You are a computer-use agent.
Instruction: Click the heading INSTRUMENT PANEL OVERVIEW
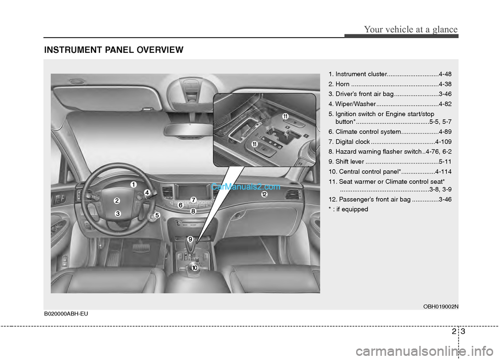coord(113,50)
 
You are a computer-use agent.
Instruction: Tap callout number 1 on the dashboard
coord(133,184)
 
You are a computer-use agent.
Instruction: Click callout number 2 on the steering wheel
coord(117,201)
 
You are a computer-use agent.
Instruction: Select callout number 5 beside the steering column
coord(157,215)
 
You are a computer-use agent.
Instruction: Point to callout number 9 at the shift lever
coord(190,239)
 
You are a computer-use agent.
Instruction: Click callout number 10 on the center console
coord(195,268)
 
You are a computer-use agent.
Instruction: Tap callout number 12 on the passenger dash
coord(264,194)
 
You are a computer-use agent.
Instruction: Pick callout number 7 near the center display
coord(193,200)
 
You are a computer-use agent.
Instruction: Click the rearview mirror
coord(189,130)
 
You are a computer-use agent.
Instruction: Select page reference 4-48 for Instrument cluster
coord(445,74)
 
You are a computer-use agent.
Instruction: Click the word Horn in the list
coord(342,84)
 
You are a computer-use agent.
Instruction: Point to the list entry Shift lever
coord(350,161)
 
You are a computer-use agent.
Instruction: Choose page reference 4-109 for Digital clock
coord(443,142)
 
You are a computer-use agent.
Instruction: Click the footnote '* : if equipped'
coord(348,210)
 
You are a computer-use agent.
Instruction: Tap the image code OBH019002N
coord(440,307)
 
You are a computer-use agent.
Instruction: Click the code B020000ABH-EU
coord(66,313)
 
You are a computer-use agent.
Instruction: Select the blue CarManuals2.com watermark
coord(246,187)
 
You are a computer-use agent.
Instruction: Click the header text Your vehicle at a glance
coord(411,29)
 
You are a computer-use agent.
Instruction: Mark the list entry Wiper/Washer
coord(356,103)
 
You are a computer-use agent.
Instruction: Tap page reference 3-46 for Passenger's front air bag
coord(445,200)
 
